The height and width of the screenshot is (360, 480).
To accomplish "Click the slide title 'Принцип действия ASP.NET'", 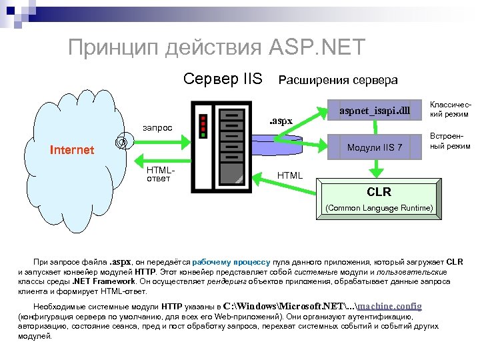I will pyautogui.click(x=217, y=47).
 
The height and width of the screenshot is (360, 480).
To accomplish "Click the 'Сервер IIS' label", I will pyautogui.click(x=223, y=79).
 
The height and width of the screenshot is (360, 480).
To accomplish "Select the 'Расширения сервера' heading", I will pyautogui.click(x=337, y=80).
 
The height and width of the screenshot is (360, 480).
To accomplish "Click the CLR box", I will pyautogui.click(x=379, y=193).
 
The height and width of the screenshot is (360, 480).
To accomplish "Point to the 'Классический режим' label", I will pyautogui.click(x=450, y=109).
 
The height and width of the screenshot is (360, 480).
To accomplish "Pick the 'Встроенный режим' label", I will pyautogui.click(x=450, y=141).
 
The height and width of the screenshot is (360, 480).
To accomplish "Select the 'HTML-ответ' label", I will pyautogui.click(x=160, y=174).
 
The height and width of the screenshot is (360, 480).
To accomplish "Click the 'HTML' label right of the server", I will pyautogui.click(x=289, y=175).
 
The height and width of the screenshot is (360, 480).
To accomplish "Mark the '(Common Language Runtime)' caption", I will pyautogui.click(x=379, y=208).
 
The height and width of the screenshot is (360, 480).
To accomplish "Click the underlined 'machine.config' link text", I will pyautogui.click(x=390, y=305).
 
